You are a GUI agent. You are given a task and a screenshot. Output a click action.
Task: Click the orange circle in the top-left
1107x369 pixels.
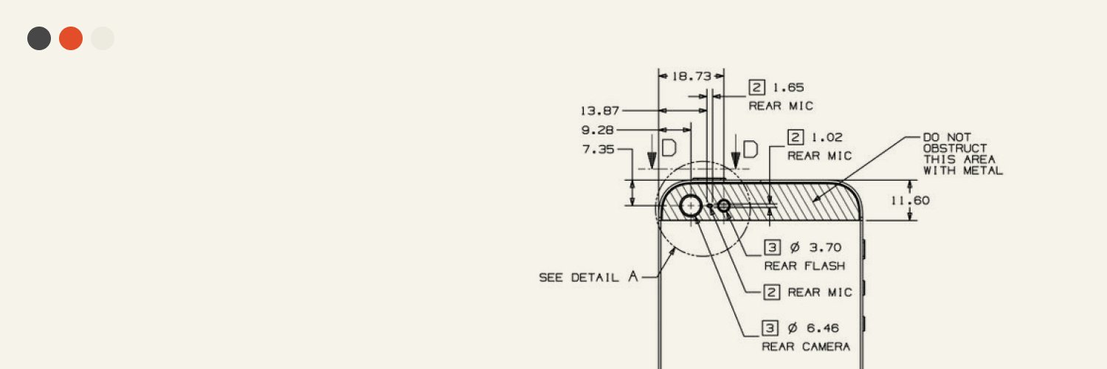point(71,38)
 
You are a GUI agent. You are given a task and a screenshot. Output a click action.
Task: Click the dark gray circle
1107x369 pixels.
point(39,38)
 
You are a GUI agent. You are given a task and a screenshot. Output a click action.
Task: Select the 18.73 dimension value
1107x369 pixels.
point(692,76)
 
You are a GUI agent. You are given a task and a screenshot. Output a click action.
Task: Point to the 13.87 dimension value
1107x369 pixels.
point(599,111)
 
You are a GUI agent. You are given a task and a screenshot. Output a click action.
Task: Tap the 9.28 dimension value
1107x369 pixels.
point(598,130)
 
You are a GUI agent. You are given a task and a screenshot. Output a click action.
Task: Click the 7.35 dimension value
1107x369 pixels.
point(599,149)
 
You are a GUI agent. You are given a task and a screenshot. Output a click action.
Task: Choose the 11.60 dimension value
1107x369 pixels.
point(910,201)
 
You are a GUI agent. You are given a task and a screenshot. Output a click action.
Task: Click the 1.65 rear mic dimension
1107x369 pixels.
point(788,87)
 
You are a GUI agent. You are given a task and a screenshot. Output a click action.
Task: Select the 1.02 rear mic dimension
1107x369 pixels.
point(827,137)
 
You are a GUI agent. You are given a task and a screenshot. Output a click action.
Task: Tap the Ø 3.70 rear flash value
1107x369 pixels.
point(815,247)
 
